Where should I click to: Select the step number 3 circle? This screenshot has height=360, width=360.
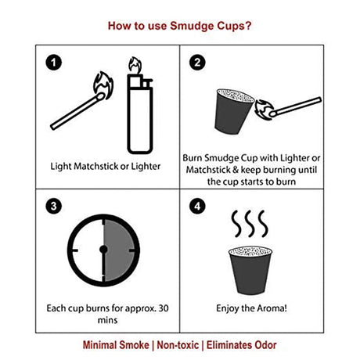pyautogui.click(x=53, y=207)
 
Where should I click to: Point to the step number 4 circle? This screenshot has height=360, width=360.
pyautogui.click(x=199, y=207)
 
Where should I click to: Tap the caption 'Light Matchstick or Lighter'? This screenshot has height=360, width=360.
pyautogui.click(x=101, y=166)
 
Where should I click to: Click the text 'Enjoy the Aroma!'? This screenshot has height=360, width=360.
pyautogui.click(x=252, y=308)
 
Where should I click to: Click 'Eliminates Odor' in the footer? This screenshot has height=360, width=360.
pyautogui.click(x=243, y=344)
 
